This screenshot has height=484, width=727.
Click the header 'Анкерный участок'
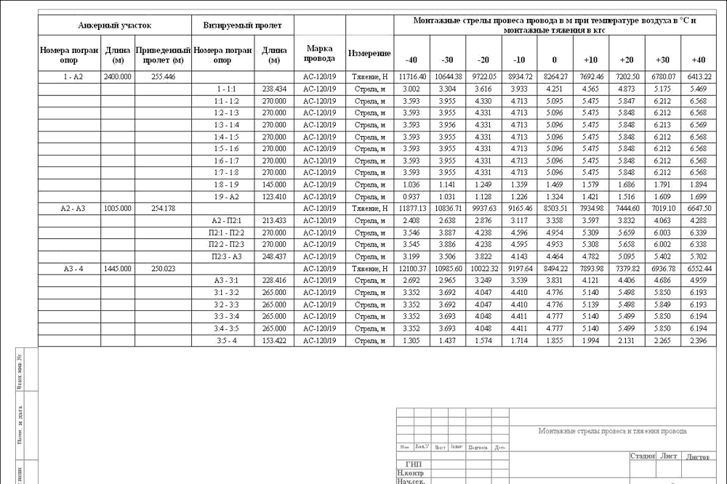pos(115,25)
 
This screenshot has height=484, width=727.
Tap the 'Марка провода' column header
pos(320,53)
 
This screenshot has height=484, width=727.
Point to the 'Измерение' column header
pos(369,54)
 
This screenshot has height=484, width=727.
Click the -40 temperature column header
pos(411,60)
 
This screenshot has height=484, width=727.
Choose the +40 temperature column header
pos(699,60)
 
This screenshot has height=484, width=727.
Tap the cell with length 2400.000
pos(118,76)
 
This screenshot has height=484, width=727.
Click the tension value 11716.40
pos(411,76)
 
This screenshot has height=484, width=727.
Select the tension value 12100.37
pos(411,269)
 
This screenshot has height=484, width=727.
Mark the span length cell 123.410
pos(274,196)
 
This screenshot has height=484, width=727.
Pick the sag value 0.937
pos(411,196)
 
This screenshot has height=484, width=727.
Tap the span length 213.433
pos(274,220)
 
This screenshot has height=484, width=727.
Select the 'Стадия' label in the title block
pos(643,456)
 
